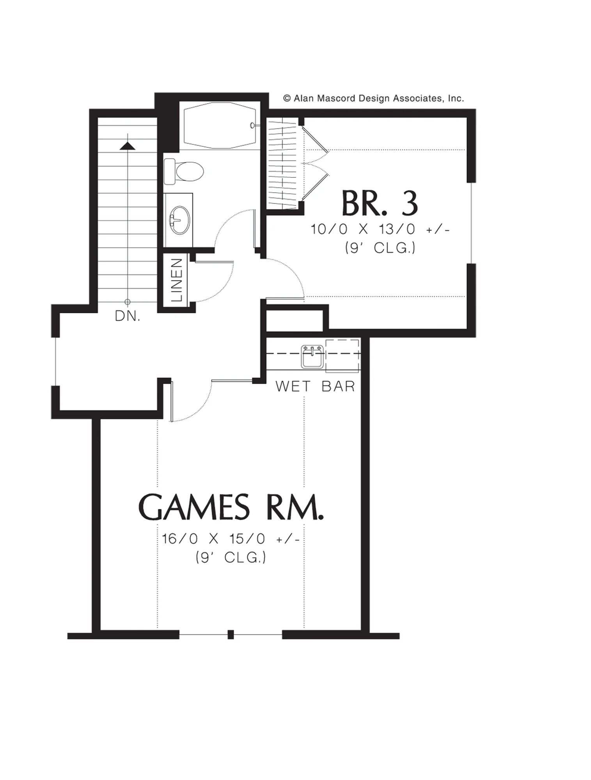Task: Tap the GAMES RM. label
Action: click(231, 507)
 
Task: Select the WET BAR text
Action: click(315, 386)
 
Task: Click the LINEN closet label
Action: click(177, 280)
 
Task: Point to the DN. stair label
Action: click(128, 316)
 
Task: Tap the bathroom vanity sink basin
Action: click(180, 220)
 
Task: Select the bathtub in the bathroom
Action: click(220, 125)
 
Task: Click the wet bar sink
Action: click(312, 356)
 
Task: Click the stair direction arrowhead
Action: click(128, 146)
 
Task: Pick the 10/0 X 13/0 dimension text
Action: click(380, 229)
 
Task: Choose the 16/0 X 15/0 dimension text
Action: click(231, 539)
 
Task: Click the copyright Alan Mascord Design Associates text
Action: click(373, 98)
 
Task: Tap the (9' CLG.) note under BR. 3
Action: click(380, 248)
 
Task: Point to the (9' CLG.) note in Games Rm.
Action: click(231, 558)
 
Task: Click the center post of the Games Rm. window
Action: click(231, 635)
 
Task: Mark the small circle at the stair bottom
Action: click(128, 302)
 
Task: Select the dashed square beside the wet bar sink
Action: click(342, 356)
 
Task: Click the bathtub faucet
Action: click(253, 125)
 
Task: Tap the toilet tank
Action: click(169, 171)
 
